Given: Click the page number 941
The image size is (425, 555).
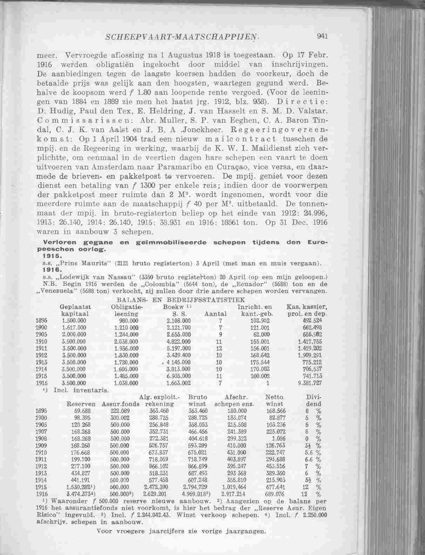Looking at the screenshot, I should (x=322, y=35).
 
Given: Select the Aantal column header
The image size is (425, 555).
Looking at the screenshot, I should (x=215, y=314).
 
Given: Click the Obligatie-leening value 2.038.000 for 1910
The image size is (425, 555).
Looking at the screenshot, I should (x=126, y=341).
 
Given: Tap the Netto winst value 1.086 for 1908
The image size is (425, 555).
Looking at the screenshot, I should (x=278, y=439).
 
